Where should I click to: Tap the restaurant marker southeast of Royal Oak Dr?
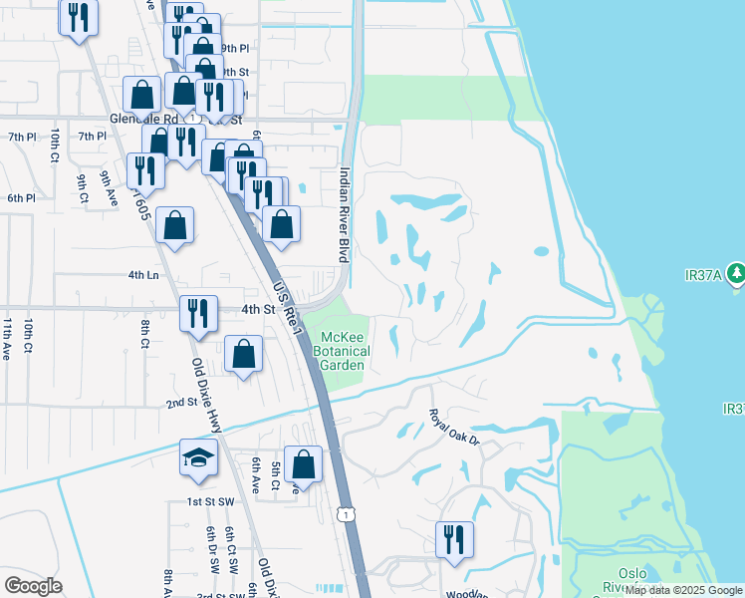click(x=454, y=539)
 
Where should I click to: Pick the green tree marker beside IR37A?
click(x=736, y=272)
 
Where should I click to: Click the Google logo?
click(x=33, y=586)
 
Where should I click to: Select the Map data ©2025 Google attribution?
click(x=683, y=590)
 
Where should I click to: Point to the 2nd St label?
click(x=180, y=402)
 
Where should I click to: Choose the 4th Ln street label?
click(x=143, y=274)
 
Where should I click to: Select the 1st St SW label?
click(x=209, y=501)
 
